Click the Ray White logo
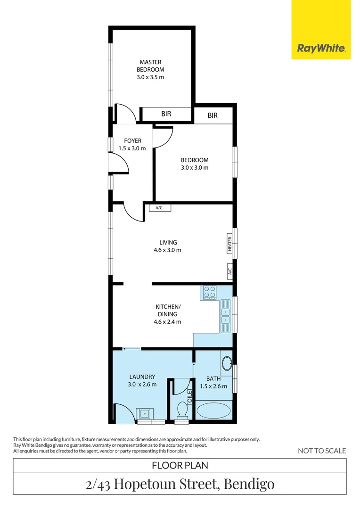coord(321,48)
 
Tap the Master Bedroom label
coord(150,66)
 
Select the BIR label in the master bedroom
coord(166,114)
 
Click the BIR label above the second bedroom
coord(213,115)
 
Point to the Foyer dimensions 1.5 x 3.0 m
coord(132,148)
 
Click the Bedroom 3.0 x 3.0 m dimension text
coord(195,167)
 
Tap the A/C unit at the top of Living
coord(160,208)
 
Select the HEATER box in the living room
coord(230,244)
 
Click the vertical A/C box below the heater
coord(230,271)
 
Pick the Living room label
coord(168,243)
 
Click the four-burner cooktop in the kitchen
coord(209,293)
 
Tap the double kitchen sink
coord(226,317)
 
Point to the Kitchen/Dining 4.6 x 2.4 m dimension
coord(167,322)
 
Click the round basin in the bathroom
coord(227,363)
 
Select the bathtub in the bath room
coord(213,410)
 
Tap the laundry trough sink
coord(144,413)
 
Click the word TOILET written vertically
coord(190,396)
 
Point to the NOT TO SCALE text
coord(322,451)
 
